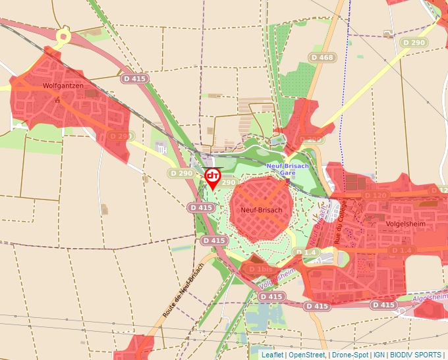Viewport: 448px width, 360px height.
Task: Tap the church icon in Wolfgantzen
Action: (59, 99)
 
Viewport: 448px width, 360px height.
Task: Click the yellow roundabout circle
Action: (63, 37)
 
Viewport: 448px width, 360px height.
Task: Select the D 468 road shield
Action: (322, 58)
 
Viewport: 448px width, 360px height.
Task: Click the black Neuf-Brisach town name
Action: (262, 210)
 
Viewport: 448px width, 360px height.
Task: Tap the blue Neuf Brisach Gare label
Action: (287, 169)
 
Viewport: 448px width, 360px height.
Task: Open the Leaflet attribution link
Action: (272, 355)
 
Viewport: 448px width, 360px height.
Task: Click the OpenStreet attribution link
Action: (306, 355)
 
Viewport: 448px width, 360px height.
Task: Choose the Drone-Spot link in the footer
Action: (350, 355)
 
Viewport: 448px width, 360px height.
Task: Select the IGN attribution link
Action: (379, 355)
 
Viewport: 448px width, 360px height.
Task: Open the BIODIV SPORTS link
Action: (416, 355)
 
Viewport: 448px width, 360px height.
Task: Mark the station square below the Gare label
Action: (288, 179)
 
